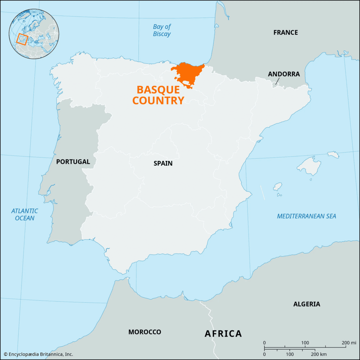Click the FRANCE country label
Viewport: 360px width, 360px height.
click(285, 33)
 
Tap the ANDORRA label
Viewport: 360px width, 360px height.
click(284, 74)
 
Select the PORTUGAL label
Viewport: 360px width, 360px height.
click(73, 162)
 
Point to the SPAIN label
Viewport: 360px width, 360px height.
click(163, 163)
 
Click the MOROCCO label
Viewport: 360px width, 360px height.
click(144, 332)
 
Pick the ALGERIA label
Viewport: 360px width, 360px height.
click(307, 304)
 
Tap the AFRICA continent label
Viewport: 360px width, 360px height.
click(223, 333)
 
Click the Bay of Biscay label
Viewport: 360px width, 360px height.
click(162, 30)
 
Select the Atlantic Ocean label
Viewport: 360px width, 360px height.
click(25, 214)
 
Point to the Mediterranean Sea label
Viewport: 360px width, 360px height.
click(307, 216)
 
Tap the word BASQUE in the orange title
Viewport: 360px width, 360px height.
click(158, 90)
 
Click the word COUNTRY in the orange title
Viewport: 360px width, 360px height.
click(158, 101)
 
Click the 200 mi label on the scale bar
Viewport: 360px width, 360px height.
click(349, 343)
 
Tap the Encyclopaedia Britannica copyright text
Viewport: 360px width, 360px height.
click(39, 354)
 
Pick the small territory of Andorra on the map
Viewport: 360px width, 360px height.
click(274, 85)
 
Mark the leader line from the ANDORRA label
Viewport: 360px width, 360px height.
click(277, 81)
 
